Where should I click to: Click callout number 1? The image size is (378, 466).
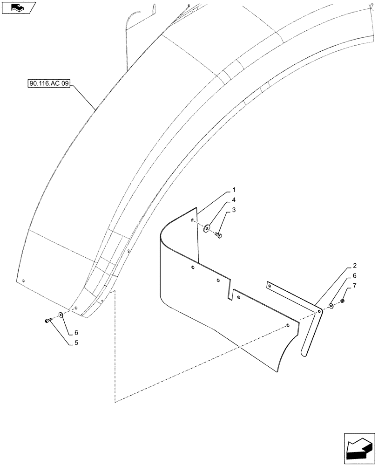(x=234, y=190)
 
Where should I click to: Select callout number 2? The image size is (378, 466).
(x=354, y=266)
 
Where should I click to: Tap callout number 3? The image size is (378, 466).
(x=234, y=211)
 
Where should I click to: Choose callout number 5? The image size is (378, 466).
(x=75, y=343)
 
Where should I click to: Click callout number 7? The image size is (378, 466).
(x=354, y=285)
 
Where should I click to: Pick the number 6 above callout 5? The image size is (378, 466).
(x=75, y=333)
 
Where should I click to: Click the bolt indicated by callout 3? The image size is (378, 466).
(x=218, y=235)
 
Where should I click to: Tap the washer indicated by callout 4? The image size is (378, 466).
(x=207, y=228)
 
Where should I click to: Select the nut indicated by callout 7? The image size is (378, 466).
(x=343, y=302)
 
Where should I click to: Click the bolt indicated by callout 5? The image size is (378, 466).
(x=48, y=320)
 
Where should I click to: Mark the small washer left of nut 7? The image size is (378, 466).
(x=331, y=306)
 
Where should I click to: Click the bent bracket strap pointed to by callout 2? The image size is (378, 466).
(x=307, y=326)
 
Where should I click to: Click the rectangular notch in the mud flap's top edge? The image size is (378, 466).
(x=231, y=294)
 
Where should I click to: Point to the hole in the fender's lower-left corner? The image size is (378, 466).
(x=23, y=281)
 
